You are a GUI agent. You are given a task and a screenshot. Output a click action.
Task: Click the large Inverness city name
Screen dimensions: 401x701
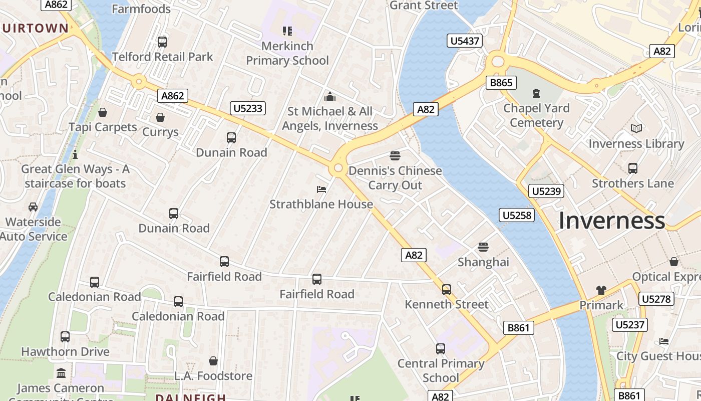(611, 221)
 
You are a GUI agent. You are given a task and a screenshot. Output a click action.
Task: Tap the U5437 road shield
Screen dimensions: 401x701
(465, 41)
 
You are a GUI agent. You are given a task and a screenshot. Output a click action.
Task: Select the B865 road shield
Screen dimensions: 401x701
(501, 83)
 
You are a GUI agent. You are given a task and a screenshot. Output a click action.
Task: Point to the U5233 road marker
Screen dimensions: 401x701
(248, 108)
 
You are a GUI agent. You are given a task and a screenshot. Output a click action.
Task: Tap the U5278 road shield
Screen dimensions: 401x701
(656, 299)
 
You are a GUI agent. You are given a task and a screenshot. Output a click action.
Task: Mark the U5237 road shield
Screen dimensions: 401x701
(630, 325)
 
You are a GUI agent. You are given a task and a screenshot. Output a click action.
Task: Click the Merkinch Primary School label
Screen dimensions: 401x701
(287, 53)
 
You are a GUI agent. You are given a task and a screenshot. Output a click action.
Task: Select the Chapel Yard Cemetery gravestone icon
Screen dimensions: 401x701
(536, 93)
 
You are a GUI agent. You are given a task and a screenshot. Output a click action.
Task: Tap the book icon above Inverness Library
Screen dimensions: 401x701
(636, 129)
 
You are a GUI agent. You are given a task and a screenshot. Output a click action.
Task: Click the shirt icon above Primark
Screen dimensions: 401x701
(601, 290)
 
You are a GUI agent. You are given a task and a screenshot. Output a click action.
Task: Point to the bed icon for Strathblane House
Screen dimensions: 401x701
(321, 189)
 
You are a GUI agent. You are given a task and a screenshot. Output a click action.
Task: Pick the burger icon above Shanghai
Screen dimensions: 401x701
(483, 247)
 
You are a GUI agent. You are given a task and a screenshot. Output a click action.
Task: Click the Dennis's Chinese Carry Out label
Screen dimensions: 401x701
(395, 178)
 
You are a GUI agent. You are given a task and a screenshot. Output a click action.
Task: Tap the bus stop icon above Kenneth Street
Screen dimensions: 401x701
(446, 289)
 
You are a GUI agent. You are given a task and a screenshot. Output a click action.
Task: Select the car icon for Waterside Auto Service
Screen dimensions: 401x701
(33, 207)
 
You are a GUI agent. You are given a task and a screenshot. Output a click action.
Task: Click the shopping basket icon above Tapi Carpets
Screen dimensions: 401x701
(103, 112)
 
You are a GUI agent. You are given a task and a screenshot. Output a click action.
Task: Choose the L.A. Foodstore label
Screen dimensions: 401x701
(213, 375)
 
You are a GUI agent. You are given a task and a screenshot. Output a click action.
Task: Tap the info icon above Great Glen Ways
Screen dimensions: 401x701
(75, 154)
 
